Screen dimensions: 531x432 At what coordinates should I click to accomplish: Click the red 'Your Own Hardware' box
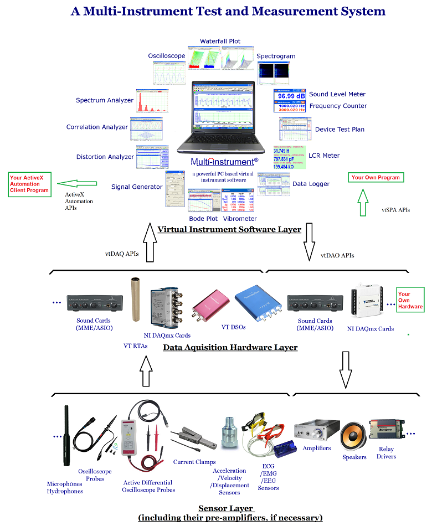coord(410,300)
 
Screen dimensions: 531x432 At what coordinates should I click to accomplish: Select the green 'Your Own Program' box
coord(376,178)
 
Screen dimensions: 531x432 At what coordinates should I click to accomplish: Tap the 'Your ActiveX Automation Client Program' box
coord(29,184)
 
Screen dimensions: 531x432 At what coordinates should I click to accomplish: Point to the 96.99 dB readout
coord(290,96)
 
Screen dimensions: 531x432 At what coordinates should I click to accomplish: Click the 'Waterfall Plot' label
coord(220,42)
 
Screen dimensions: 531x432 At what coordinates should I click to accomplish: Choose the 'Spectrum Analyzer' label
coord(105,100)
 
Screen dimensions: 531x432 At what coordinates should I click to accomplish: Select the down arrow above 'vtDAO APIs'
coord(308,241)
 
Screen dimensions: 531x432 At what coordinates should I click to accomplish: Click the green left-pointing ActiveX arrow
coord(78,183)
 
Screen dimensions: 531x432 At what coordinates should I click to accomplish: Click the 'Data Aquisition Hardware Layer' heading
coord(230,348)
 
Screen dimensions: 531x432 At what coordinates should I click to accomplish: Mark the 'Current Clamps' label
coord(194,462)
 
